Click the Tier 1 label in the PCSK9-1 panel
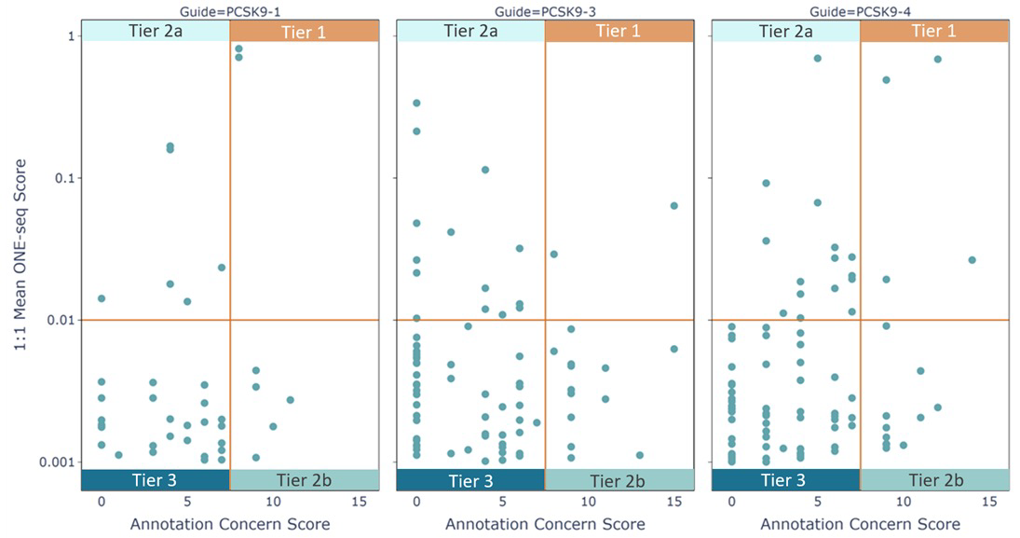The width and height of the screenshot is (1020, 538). pos(303,31)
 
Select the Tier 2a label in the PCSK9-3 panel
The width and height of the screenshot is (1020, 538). pos(470,31)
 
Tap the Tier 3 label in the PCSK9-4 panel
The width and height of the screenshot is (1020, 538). pos(785,480)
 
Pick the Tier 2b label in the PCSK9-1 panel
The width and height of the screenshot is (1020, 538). pos(303,480)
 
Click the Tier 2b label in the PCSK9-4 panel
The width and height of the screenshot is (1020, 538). pos(934,480)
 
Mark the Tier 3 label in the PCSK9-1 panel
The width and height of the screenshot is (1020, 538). pos(156,480)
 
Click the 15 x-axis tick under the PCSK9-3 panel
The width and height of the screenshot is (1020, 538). pos(673,502)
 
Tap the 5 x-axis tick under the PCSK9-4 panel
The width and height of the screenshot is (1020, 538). pos(818,502)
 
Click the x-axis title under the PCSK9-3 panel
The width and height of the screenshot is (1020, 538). pos(545,524)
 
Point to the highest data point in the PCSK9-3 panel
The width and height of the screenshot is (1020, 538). pos(416,103)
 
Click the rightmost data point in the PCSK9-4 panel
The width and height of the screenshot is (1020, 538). pos(972,260)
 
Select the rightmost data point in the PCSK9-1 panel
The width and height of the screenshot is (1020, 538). pos(290,400)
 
